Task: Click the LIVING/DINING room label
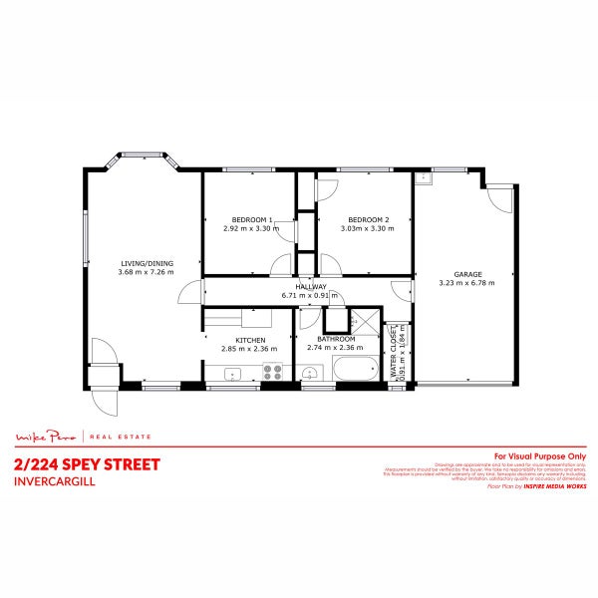coord(146,263)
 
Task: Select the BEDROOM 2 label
coord(368,220)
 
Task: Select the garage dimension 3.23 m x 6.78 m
coord(467,282)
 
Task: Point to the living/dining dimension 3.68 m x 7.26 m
coord(146,272)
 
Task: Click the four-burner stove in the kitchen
coord(273,373)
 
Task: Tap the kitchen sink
coord(232,375)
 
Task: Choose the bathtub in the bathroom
coord(353,371)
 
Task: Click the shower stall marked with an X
coord(363,322)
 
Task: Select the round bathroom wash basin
coord(310,375)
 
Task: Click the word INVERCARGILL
coord(50,481)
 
